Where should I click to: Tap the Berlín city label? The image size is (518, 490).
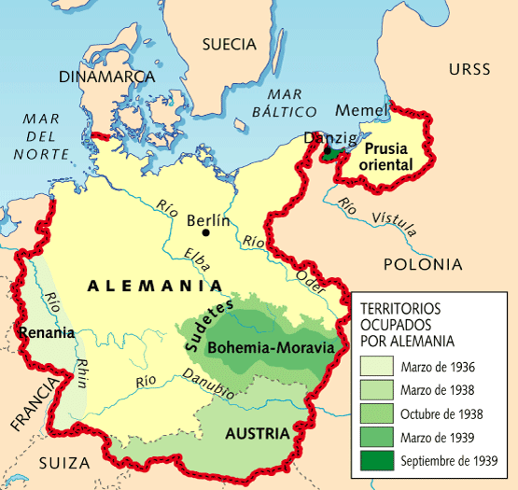click(x=208, y=221)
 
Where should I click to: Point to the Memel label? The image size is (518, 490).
click(x=360, y=111)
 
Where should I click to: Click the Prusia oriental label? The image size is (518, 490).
click(x=386, y=157)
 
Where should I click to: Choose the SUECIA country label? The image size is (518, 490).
click(x=229, y=44)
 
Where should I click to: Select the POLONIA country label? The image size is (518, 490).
click(x=422, y=264)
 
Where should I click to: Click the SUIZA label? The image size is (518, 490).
click(x=65, y=463)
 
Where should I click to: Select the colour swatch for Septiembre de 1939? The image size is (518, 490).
click(x=377, y=460)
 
